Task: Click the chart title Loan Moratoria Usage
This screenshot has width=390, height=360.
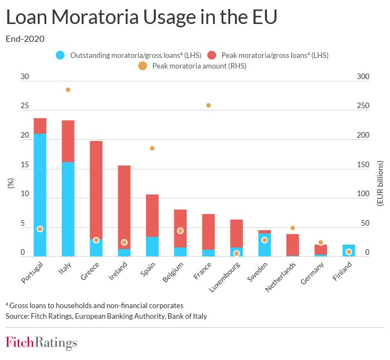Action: coord(141,18)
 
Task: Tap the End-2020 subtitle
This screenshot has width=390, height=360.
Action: coord(25,39)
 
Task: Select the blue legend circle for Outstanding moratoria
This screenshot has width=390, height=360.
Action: coord(60,55)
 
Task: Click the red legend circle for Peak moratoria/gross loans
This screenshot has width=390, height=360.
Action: coord(212,55)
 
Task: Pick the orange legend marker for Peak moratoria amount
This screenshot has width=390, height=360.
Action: coord(142,66)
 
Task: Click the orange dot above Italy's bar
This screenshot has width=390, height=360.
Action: coord(68,90)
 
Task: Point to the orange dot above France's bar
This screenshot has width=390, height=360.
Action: coord(208,105)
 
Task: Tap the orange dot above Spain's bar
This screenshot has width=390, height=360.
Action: coord(152,148)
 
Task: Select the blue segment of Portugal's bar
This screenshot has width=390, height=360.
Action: coord(40,189)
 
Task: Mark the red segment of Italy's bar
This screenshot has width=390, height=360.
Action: coord(68,141)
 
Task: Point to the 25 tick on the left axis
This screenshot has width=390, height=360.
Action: coord(25,106)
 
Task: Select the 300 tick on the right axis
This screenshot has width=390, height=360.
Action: coord(363,77)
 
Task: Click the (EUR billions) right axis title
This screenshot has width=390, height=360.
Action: coord(380,184)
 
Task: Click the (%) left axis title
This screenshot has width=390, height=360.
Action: coord(10,184)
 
